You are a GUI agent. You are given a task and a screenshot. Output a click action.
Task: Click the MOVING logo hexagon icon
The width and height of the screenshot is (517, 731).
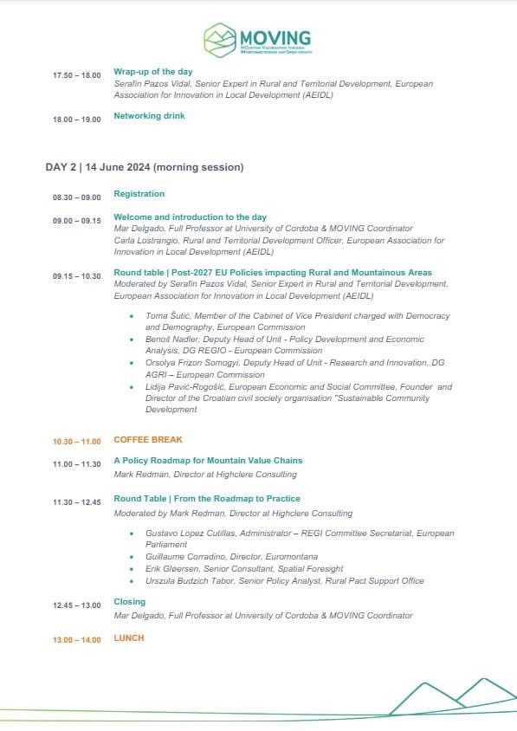tap(219, 40)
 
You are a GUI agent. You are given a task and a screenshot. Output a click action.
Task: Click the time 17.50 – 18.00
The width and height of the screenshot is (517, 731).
tap(77, 74)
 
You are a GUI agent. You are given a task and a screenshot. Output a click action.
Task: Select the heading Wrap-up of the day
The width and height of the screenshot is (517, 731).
tap(153, 71)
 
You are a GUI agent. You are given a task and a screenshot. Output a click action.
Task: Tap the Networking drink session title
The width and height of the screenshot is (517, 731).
tap(149, 115)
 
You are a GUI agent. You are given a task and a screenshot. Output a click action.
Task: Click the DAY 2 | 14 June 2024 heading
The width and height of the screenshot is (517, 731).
tap(144, 166)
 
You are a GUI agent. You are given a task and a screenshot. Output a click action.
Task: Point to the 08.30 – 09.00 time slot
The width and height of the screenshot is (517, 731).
tap(77, 197)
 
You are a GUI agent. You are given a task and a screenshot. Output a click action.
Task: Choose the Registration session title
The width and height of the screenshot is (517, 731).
tap(139, 194)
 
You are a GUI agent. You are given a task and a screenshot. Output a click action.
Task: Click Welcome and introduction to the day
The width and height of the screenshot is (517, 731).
tap(190, 217)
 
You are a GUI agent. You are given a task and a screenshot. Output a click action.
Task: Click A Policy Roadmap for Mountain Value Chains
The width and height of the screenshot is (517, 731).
tap(208, 461)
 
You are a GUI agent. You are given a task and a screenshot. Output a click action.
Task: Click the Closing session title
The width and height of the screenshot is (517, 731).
tap(130, 601)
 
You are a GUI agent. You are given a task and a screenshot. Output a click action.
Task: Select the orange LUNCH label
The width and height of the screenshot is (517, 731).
tap(129, 637)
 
